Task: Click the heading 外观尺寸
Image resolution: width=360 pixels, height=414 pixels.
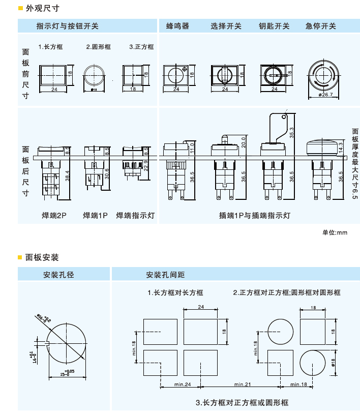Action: click(x=42, y=8)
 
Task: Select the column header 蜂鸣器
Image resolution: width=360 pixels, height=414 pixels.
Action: click(x=177, y=26)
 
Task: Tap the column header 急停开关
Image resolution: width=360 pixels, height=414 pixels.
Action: click(x=320, y=26)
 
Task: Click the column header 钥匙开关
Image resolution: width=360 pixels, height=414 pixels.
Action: click(x=274, y=26)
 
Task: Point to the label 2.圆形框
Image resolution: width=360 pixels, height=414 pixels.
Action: click(x=98, y=47)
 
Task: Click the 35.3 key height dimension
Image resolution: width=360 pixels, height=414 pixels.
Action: click(x=292, y=132)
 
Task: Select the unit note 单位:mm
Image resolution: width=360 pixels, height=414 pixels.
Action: click(x=335, y=232)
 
